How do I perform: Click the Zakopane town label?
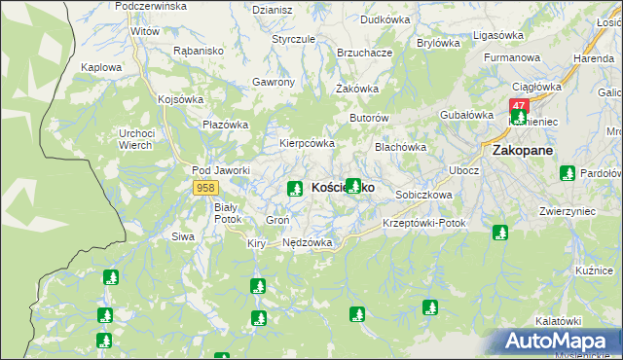click(523, 151)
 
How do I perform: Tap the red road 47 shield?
click(518, 105)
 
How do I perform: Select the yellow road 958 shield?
click(204, 186)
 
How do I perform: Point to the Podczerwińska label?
click(150, 6)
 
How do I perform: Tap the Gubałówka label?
click(463, 115)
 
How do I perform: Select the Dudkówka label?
click(385, 18)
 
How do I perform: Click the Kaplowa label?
click(102, 67)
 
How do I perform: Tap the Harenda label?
click(593, 58)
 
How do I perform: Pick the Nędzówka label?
click(307, 242)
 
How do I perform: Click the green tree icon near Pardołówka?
click(567, 173)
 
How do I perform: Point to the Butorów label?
click(369, 118)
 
